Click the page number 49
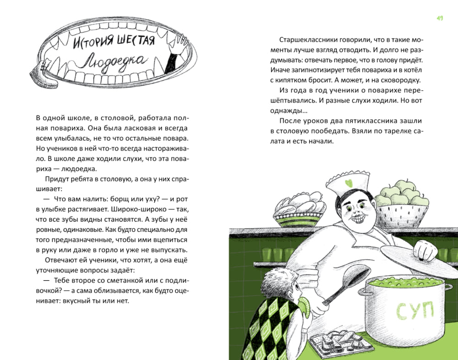click(x=439, y=18)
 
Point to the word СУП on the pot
click(x=414, y=311)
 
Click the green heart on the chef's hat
click(x=349, y=184)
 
